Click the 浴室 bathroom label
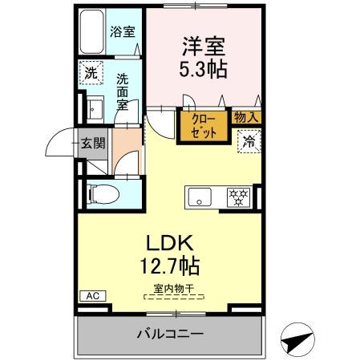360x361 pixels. (x=121, y=33)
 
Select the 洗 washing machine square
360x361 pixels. (x=91, y=71)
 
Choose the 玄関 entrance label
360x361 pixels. (x=93, y=144)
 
